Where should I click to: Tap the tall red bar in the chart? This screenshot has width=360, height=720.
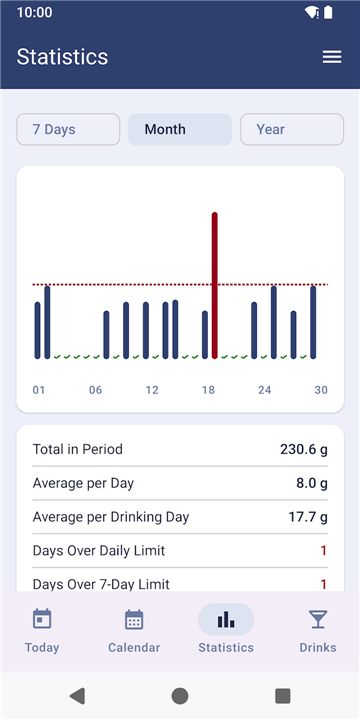pyautogui.click(x=214, y=285)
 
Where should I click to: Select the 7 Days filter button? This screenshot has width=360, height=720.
pyautogui.click(x=68, y=129)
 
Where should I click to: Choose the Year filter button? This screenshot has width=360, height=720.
pyautogui.click(x=292, y=129)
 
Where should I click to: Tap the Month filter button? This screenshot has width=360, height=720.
pyautogui.click(x=180, y=129)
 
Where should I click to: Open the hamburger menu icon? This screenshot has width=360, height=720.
pyautogui.click(x=332, y=57)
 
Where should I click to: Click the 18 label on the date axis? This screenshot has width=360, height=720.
pyautogui.click(x=208, y=390)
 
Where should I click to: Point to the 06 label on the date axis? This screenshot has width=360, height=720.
pyautogui.click(x=96, y=390)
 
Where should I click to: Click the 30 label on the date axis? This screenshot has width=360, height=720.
pyautogui.click(x=321, y=390)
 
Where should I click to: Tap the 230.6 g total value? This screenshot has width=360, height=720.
pyautogui.click(x=304, y=449)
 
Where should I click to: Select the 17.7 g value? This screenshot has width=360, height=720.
pyautogui.click(x=308, y=517)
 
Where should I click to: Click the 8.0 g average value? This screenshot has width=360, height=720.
pyautogui.click(x=312, y=483)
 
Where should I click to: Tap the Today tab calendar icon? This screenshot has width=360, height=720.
pyautogui.click(x=42, y=619)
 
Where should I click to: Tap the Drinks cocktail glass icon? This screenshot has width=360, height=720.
pyautogui.click(x=318, y=619)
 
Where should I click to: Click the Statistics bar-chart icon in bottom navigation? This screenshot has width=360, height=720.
pyautogui.click(x=226, y=619)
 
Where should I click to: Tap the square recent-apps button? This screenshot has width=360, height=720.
pyautogui.click(x=283, y=696)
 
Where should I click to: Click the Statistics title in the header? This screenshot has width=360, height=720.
pyautogui.click(x=62, y=57)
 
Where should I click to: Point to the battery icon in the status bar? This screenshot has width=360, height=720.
pyautogui.click(x=328, y=12)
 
